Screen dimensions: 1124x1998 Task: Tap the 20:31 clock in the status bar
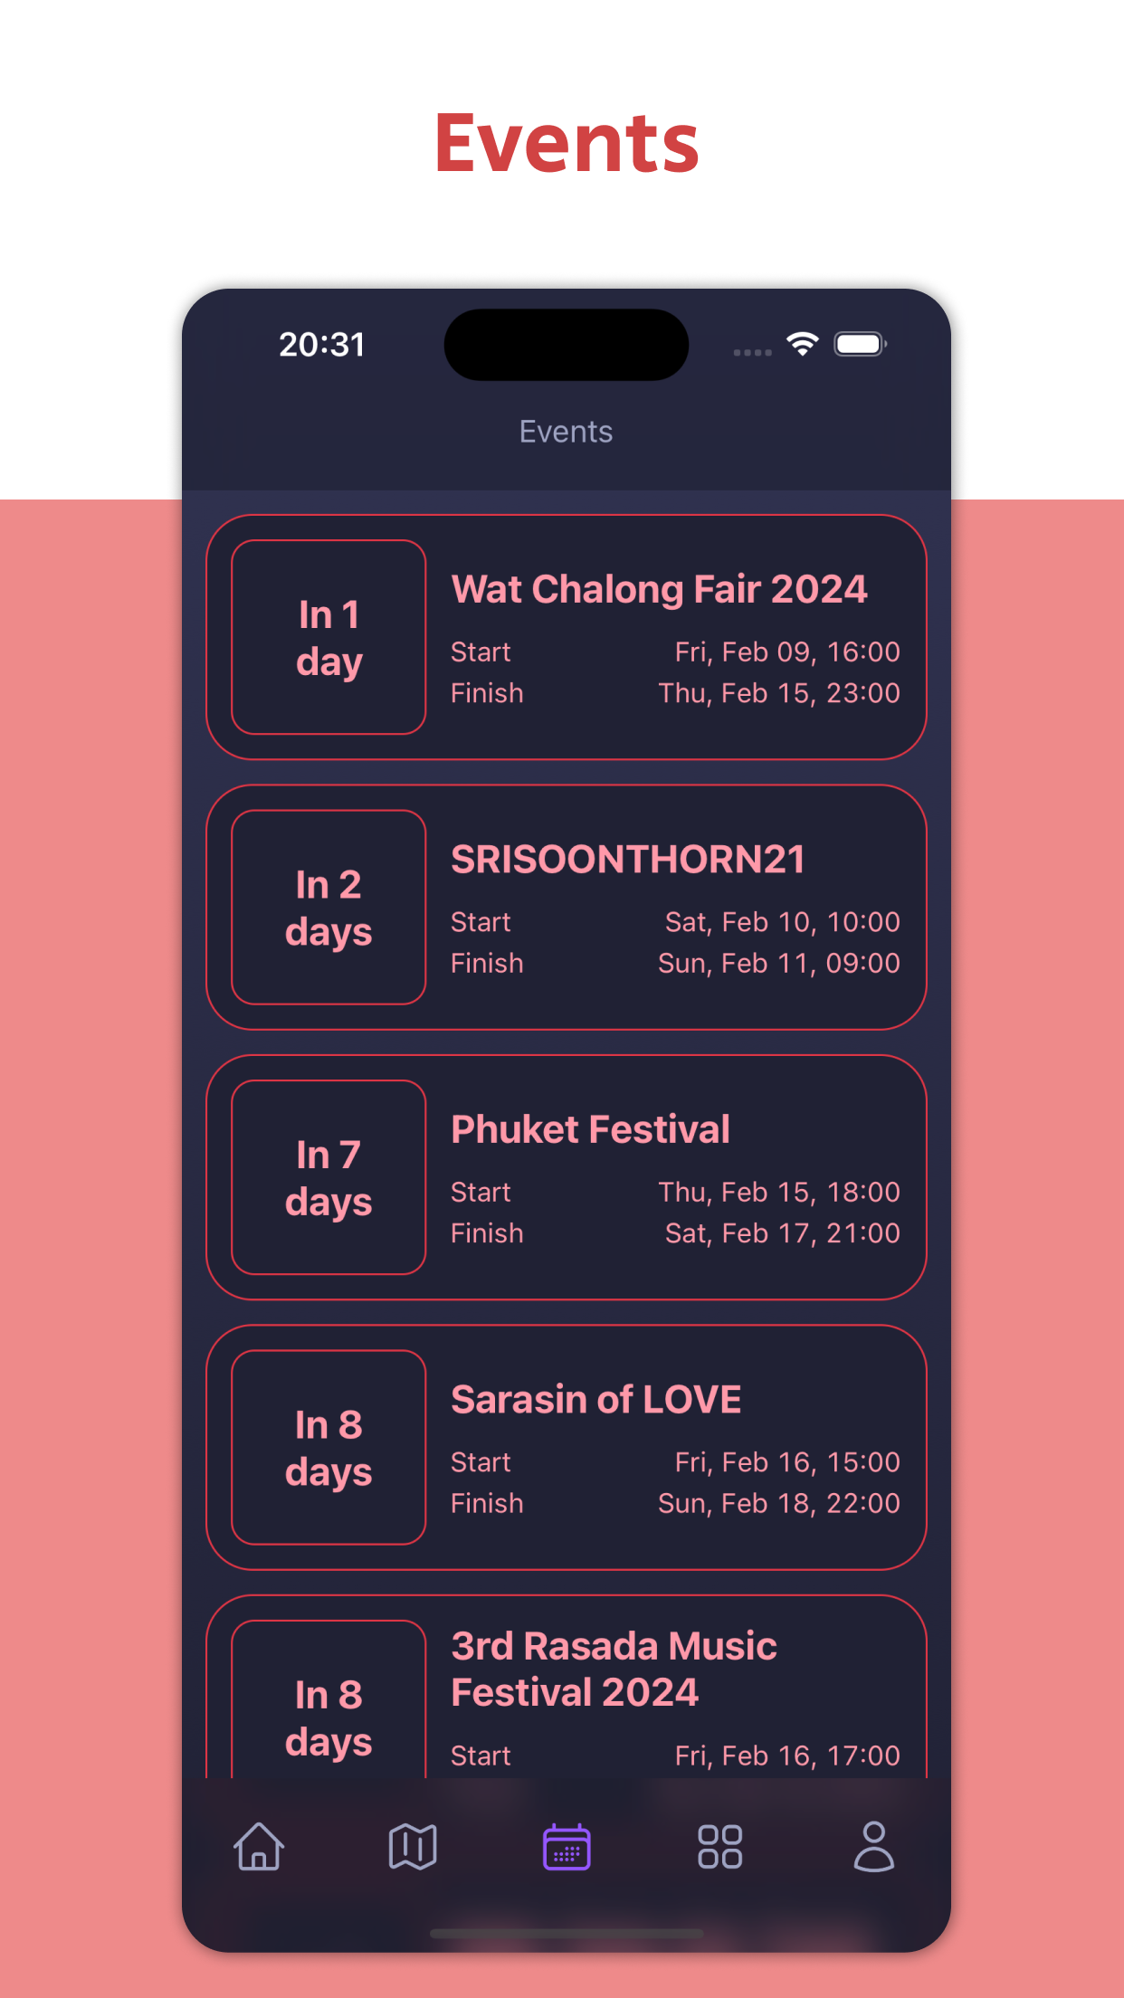click(x=321, y=345)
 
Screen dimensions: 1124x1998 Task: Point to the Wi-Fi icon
click(x=803, y=344)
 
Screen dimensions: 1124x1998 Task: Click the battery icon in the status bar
click(x=860, y=344)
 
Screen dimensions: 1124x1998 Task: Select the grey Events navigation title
click(x=566, y=432)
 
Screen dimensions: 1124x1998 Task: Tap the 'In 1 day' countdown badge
click(x=329, y=637)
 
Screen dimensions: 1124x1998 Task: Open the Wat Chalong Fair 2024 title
click(x=659, y=589)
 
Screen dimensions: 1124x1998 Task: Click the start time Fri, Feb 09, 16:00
click(x=787, y=652)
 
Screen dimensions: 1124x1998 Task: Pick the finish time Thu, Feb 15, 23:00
click(x=779, y=693)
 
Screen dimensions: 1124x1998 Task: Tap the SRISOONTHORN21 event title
click(x=628, y=859)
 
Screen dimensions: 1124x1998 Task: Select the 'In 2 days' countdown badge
click(x=329, y=908)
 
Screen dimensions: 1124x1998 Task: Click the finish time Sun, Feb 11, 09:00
click(x=779, y=963)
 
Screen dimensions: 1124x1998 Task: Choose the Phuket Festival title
click(x=590, y=1129)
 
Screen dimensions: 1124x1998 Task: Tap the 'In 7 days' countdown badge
click(x=329, y=1177)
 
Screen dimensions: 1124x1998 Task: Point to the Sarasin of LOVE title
click(x=596, y=1399)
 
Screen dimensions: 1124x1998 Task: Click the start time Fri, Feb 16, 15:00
click(x=787, y=1462)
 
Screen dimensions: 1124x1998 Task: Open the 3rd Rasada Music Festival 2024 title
click(x=614, y=1669)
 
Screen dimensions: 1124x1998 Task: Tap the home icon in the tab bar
click(x=259, y=1846)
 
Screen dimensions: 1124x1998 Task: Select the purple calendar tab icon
click(x=567, y=1846)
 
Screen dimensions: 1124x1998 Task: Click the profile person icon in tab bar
click(x=874, y=1846)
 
